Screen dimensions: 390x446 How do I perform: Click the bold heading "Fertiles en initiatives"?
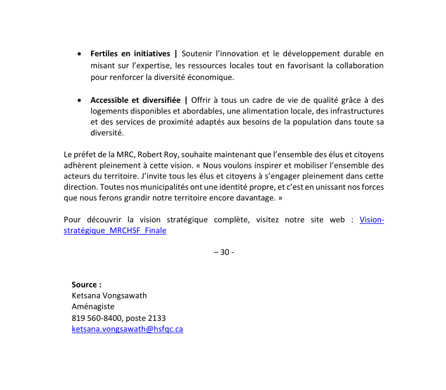coord(130,54)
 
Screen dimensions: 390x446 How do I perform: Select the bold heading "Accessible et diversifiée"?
coord(135,100)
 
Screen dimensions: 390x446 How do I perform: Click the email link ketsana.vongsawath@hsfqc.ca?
coord(127,329)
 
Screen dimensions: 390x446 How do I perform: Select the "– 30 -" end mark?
coord(223,252)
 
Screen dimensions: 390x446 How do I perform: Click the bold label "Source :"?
coord(87,284)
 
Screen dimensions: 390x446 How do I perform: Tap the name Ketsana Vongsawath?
coord(109,295)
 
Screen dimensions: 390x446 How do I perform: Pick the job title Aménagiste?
coord(93,307)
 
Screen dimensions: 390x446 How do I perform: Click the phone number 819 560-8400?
coord(97,318)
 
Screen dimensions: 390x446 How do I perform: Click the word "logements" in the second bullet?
coord(109,111)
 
